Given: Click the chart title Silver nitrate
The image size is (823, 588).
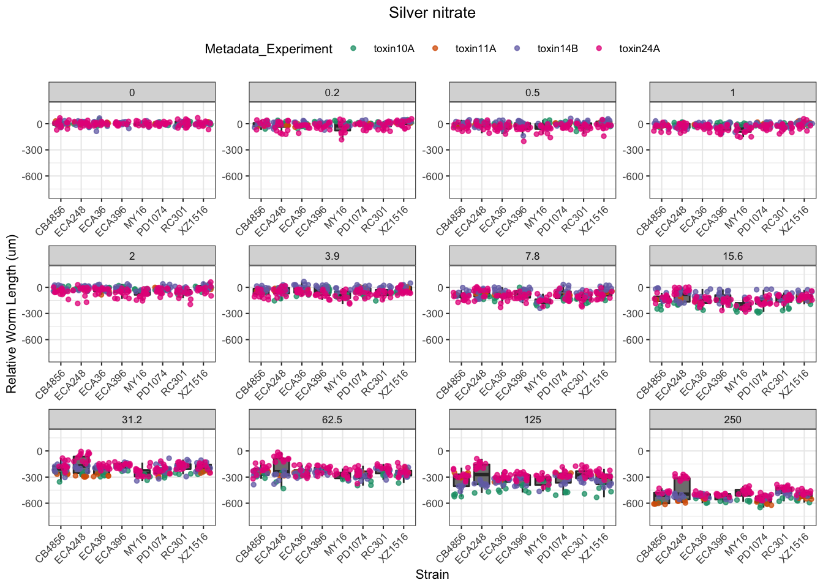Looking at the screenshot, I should [432, 13].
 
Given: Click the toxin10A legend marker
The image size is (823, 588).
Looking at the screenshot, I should [353, 48].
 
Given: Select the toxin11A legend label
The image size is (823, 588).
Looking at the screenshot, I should [475, 49].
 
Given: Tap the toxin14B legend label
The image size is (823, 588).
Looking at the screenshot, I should [557, 49].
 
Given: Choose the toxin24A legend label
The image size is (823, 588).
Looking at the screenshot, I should [639, 49].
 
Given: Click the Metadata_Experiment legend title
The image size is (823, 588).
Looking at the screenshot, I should [268, 49].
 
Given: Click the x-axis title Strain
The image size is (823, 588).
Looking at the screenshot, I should [432, 575].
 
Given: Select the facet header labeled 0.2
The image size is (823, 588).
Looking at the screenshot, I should [332, 92].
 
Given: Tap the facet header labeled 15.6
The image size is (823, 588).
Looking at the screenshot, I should [732, 256].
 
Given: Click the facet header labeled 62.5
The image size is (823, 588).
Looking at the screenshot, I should [332, 420].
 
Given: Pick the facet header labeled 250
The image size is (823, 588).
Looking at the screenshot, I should [732, 420].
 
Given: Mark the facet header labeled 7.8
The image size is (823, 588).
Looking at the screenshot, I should [532, 256].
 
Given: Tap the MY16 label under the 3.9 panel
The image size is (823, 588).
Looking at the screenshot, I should [336, 380].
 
